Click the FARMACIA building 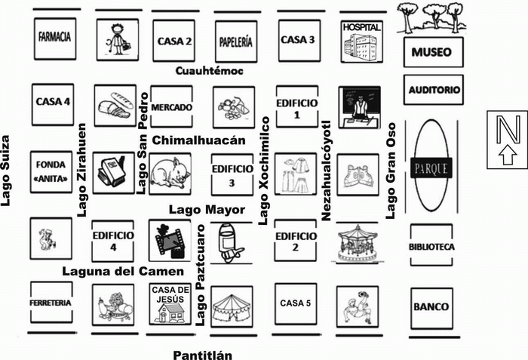[x=55, y=38]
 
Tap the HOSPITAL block [x=361, y=42]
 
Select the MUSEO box [x=434, y=52]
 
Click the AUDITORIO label [x=434, y=90]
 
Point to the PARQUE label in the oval [x=431, y=168]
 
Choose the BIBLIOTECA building [x=431, y=245]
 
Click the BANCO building [x=431, y=309]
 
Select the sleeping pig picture [x=170, y=174]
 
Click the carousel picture [x=358, y=243]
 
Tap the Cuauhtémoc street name [x=209, y=71]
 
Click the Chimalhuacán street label [x=198, y=140]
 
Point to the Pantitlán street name [x=203, y=355]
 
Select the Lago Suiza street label [x=5, y=171]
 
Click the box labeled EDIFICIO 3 [x=232, y=174]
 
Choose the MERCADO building [x=172, y=106]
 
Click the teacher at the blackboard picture [x=360, y=107]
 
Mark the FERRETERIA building [x=51, y=303]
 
